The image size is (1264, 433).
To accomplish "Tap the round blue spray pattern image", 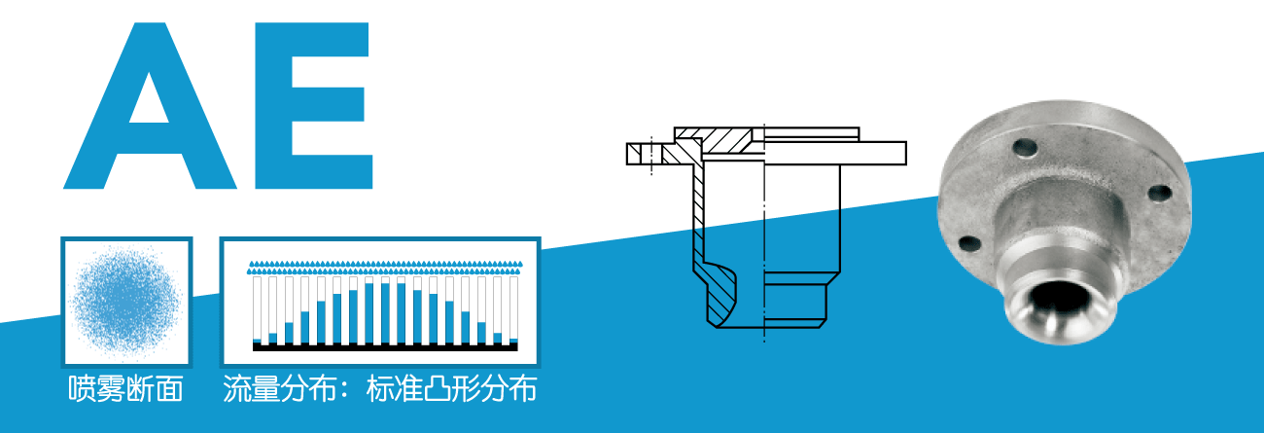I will (x=126, y=299).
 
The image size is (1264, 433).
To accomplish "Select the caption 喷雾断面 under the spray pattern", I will (x=126, y=389).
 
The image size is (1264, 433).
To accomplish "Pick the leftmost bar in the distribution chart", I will (x=258, y=310).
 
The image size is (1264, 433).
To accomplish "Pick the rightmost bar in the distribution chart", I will (x=513, y=310).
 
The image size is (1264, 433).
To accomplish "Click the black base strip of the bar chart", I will (x=385, y=345).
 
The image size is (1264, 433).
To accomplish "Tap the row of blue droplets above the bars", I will (x=385, y=265).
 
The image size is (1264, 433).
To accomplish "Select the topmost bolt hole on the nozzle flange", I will (x=1023, y=149).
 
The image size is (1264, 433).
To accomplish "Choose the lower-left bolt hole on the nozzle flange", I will (x=967, y=244).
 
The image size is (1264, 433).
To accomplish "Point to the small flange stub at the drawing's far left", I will (x=642, y=153).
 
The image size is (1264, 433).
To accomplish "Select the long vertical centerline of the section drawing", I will (x=764, y=234).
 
